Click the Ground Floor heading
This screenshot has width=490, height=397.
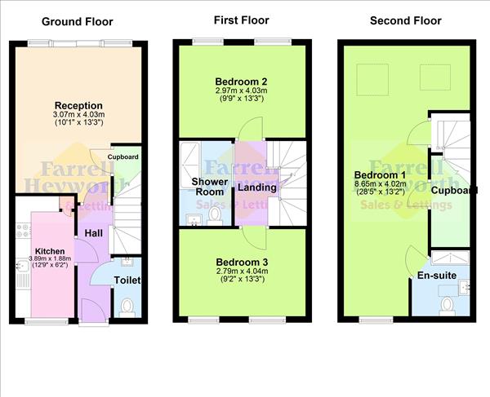[x=77, y=21]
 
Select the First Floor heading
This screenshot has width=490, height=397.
[x=241, y=20]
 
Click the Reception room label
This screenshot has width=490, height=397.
[x=78, y=105]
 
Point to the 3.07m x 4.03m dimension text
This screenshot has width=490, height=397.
[x=78, y=115]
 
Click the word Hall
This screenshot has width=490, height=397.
[x=93, y=234]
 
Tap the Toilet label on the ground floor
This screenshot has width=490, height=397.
[x=127, y=280]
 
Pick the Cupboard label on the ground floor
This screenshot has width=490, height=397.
[x=122, y=157]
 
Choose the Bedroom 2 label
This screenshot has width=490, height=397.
[x=242, y=82]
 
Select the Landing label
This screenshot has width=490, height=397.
[x=256, y=188]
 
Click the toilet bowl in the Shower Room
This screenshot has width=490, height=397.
[x=216, y=214]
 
